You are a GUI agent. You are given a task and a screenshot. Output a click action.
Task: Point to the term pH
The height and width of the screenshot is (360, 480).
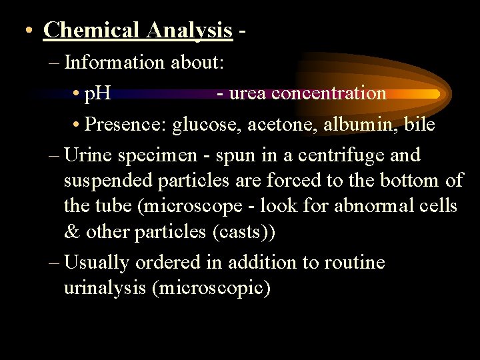click(97, 93)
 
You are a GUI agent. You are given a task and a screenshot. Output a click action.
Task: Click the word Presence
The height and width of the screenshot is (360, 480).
click(126, 124)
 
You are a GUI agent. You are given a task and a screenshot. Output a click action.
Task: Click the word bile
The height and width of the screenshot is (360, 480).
click(420, 124)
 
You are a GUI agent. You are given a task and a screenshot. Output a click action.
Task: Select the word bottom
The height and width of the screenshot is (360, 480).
click(411, 181)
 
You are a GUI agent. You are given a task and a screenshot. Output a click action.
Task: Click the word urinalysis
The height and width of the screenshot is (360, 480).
click(107, 289)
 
